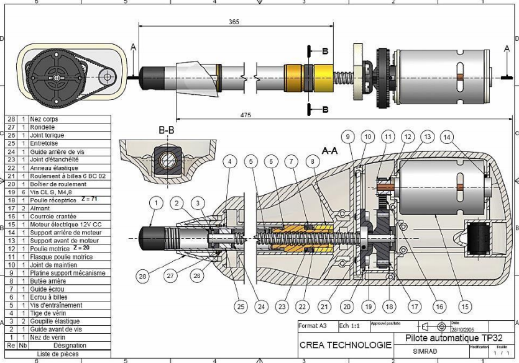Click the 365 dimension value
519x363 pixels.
(x=234, y=22)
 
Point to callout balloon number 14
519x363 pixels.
(x=446, y=136)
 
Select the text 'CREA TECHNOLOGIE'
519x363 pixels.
(x=345, y=344)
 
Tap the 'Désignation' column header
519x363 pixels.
(x=70, y=346)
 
